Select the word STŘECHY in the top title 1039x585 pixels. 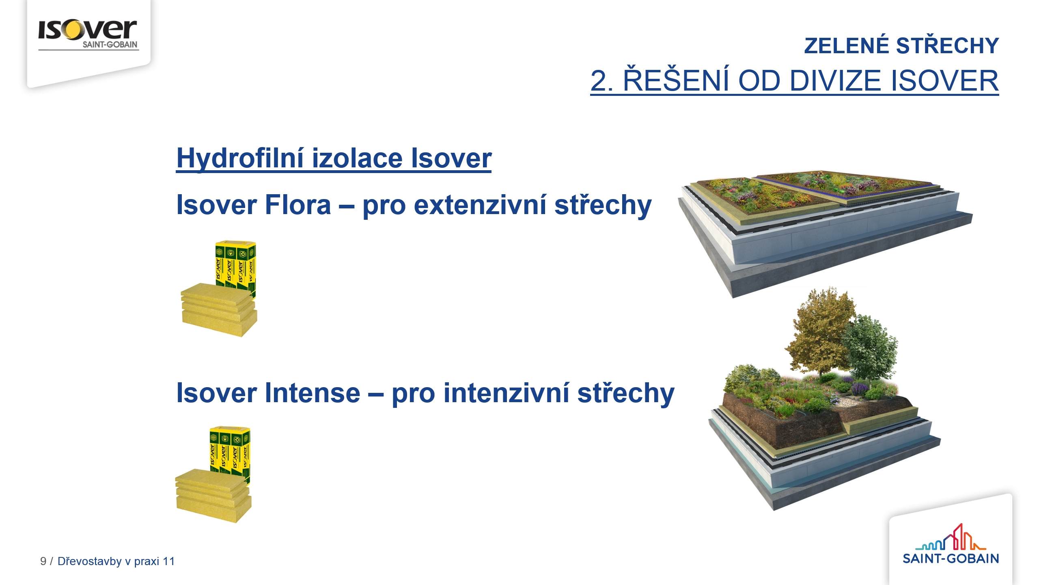pos(947,45)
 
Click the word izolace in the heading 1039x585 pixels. pos(357,158)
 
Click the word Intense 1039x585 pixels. pos(313,393)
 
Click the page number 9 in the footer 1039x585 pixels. pos(43,561)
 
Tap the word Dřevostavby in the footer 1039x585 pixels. pos(90,561)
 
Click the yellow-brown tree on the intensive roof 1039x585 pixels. pos(820,331)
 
